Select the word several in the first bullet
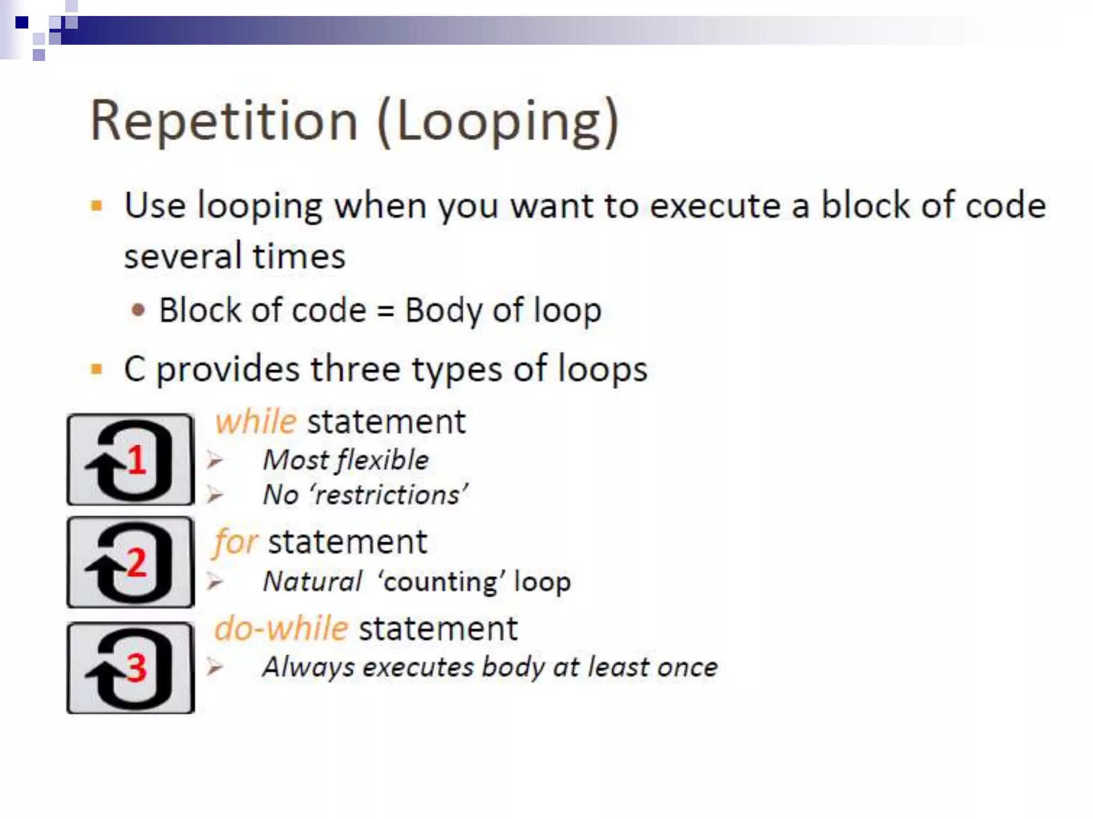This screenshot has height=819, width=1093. click(x=181, y=256)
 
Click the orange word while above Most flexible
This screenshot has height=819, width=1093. click(x=256, y=422)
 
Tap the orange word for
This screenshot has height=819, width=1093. click(x=235, y=543)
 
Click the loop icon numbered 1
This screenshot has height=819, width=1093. click(x=131, y=460)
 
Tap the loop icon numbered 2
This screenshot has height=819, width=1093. click(x=131, y=563)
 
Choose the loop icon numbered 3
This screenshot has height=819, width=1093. click(x=131, y=668)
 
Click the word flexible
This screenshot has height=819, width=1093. click(x=383, y=460)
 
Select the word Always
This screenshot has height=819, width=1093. click(x=308, y=667)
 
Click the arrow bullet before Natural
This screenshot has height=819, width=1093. click(x=215, y=582)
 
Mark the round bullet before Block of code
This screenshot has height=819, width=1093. click(x=138, y=310)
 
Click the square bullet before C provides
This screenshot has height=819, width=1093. click(x=97, y=369)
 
